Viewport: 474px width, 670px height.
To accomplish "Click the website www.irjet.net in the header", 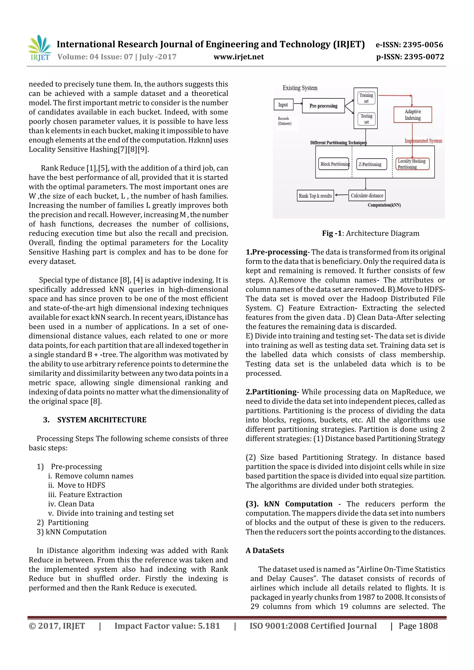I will click(239, 57).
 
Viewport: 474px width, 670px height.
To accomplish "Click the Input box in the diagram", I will click(283, 105).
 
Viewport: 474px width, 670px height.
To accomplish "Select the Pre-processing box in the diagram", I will click(323, 106).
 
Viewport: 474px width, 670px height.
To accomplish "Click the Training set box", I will click(366, 98).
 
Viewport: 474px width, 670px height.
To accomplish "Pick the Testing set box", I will click(366, 119).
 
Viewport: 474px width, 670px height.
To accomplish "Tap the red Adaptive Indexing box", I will click(412, 115).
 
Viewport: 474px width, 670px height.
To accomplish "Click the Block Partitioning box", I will click(334, 164).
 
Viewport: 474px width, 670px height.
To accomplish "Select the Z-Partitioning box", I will click(370, 164).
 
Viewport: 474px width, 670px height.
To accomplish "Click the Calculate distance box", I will click(367, 195).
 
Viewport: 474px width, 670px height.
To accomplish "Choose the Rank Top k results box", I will click(315, 196).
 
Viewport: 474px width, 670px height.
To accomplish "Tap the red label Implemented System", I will click(423, 141).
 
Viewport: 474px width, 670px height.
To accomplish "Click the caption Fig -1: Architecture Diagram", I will click(370, 233).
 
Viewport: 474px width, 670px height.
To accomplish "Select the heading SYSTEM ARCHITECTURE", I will click(102, 420).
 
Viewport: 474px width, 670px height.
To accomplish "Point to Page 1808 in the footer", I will click(418, 626).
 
